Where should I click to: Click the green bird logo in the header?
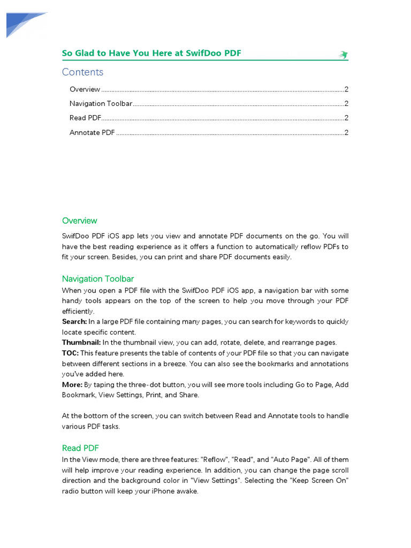point(343,55)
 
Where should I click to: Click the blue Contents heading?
point(82,72)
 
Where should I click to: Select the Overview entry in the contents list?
point(85,89)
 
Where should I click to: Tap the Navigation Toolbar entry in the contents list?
point(101,104)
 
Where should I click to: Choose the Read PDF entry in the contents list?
point(85,118)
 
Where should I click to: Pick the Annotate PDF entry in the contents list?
point(92,133)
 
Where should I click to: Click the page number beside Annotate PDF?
point(347,133)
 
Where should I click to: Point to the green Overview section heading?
point(79,220)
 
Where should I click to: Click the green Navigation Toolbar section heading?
point(98,279)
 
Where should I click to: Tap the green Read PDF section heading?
point(80,448)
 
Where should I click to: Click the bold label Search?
point(74,322)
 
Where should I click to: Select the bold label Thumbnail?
point(81,342)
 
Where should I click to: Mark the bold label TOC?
point(70,353)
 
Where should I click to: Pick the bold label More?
point(72,385)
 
